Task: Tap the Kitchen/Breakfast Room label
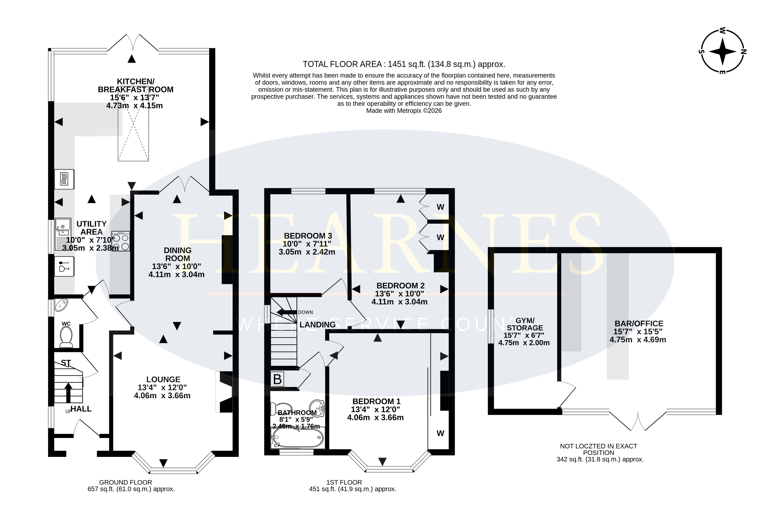[135, 86]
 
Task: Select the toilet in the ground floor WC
[66, 337]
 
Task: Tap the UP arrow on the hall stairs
[68, 393]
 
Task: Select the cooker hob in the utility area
[121, 241]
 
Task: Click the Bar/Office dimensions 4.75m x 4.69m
[638, 339]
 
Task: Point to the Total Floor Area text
[404, 64]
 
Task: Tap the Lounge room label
[163, 379]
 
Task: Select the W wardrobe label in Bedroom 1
[440, 433]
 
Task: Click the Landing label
[317, 325]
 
